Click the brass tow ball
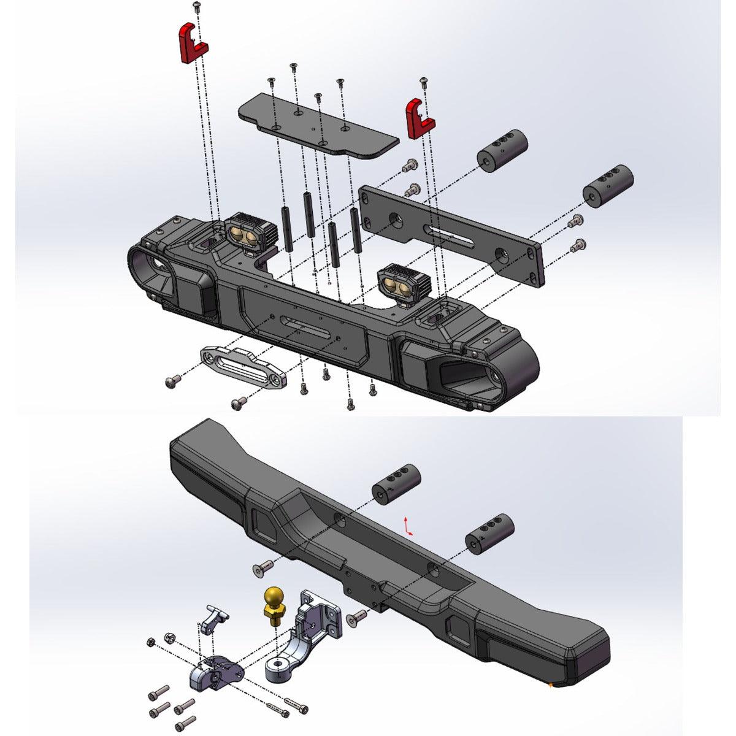coord(274,599)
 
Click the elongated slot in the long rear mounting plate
coord(451,236)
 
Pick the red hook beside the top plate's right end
coord(420,118)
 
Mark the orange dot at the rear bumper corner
coord(551,683)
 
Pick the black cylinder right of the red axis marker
coord(489,533)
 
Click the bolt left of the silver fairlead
coord(172,381)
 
